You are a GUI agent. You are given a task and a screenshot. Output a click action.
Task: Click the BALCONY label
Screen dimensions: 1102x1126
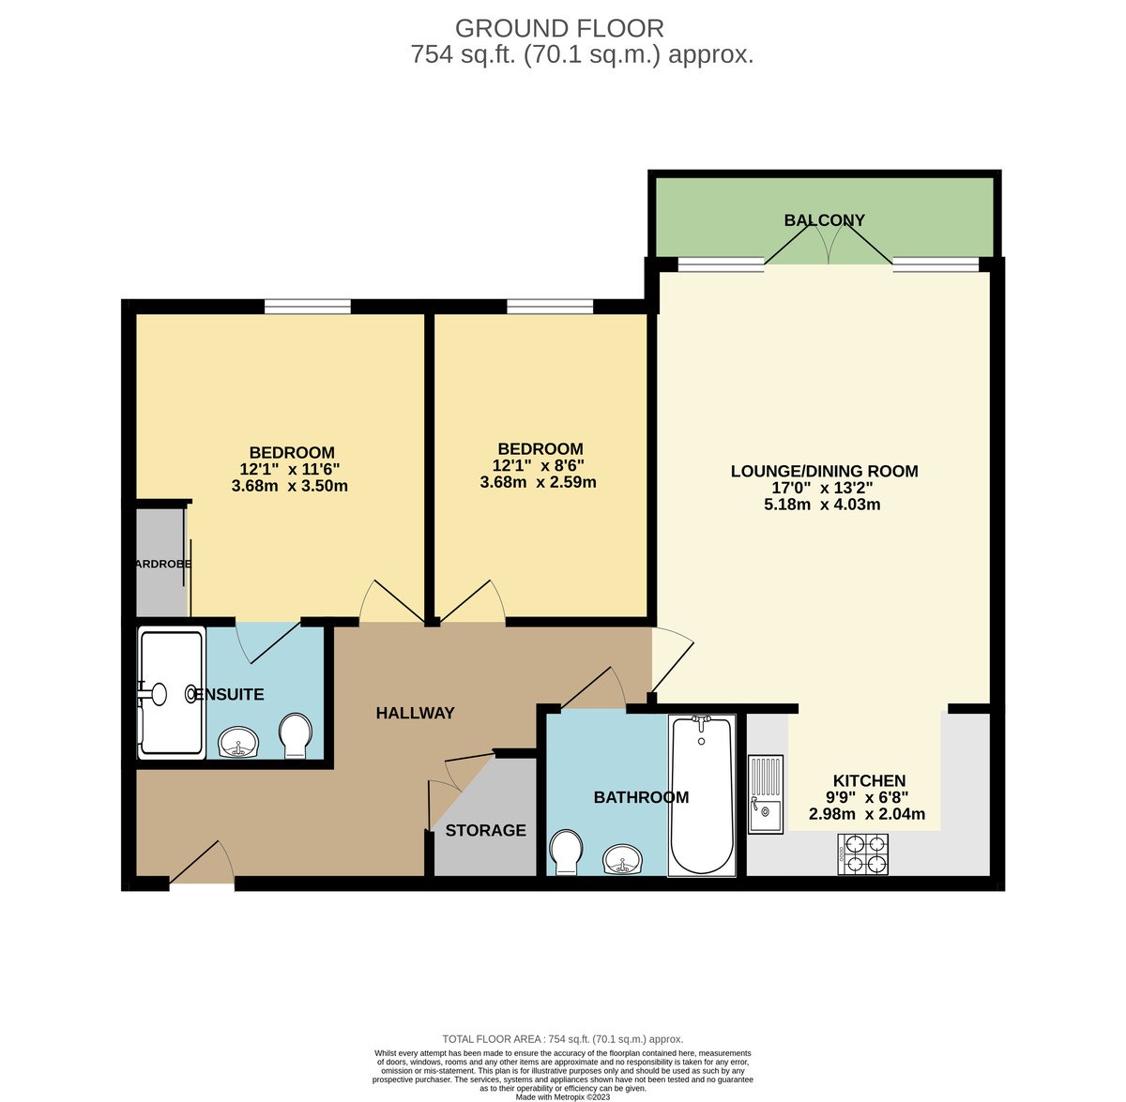(824, 220)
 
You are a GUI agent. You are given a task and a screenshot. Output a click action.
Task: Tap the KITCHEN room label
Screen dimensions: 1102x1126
(869, 780)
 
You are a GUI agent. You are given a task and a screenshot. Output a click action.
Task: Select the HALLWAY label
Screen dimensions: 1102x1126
(415, 713)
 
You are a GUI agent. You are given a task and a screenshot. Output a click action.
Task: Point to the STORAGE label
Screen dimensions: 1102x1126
(485, 830)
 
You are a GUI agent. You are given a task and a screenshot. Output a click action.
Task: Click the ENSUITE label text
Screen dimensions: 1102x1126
(229, 695)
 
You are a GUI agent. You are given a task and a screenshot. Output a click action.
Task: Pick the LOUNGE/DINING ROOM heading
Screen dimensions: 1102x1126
(824, 471)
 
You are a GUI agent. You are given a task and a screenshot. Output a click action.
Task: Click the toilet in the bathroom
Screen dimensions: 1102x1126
(566, 850)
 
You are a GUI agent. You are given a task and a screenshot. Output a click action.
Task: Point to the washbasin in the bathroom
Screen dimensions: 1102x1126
(622, 858)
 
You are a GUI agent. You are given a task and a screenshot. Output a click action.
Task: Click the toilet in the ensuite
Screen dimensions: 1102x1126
(296, 736)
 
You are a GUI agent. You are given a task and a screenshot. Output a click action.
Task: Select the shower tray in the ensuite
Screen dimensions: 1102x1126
(171, 693)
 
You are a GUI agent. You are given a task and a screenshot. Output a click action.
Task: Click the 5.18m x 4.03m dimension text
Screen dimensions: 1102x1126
(822, 505)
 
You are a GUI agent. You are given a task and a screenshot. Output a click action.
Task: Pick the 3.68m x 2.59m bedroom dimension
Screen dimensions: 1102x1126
(538, 483)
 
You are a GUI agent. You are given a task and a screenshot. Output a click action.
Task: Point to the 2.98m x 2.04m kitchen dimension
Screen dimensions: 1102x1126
(867, 814)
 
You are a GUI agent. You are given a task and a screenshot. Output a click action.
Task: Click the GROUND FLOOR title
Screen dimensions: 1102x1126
(559, 29)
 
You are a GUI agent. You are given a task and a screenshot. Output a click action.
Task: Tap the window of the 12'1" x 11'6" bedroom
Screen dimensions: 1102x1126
(308, 306)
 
